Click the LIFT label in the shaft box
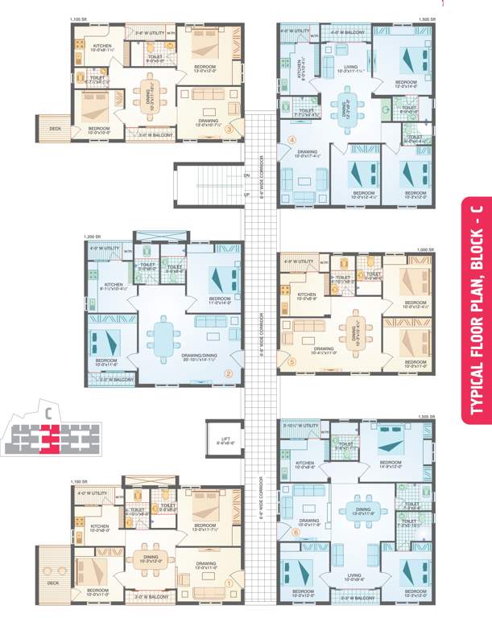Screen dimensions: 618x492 (225, 439)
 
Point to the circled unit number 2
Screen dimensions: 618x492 (228, 373)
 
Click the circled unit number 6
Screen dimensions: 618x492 (295, 532)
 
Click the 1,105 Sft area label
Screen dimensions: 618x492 (77, 19)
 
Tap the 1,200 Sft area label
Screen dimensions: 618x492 (93, 237)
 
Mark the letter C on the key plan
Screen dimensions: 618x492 (48, 413)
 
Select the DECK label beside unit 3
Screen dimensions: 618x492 (55, 127)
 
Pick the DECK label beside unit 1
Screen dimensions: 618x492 (53, 583)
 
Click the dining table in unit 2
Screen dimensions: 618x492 (164, 333)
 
